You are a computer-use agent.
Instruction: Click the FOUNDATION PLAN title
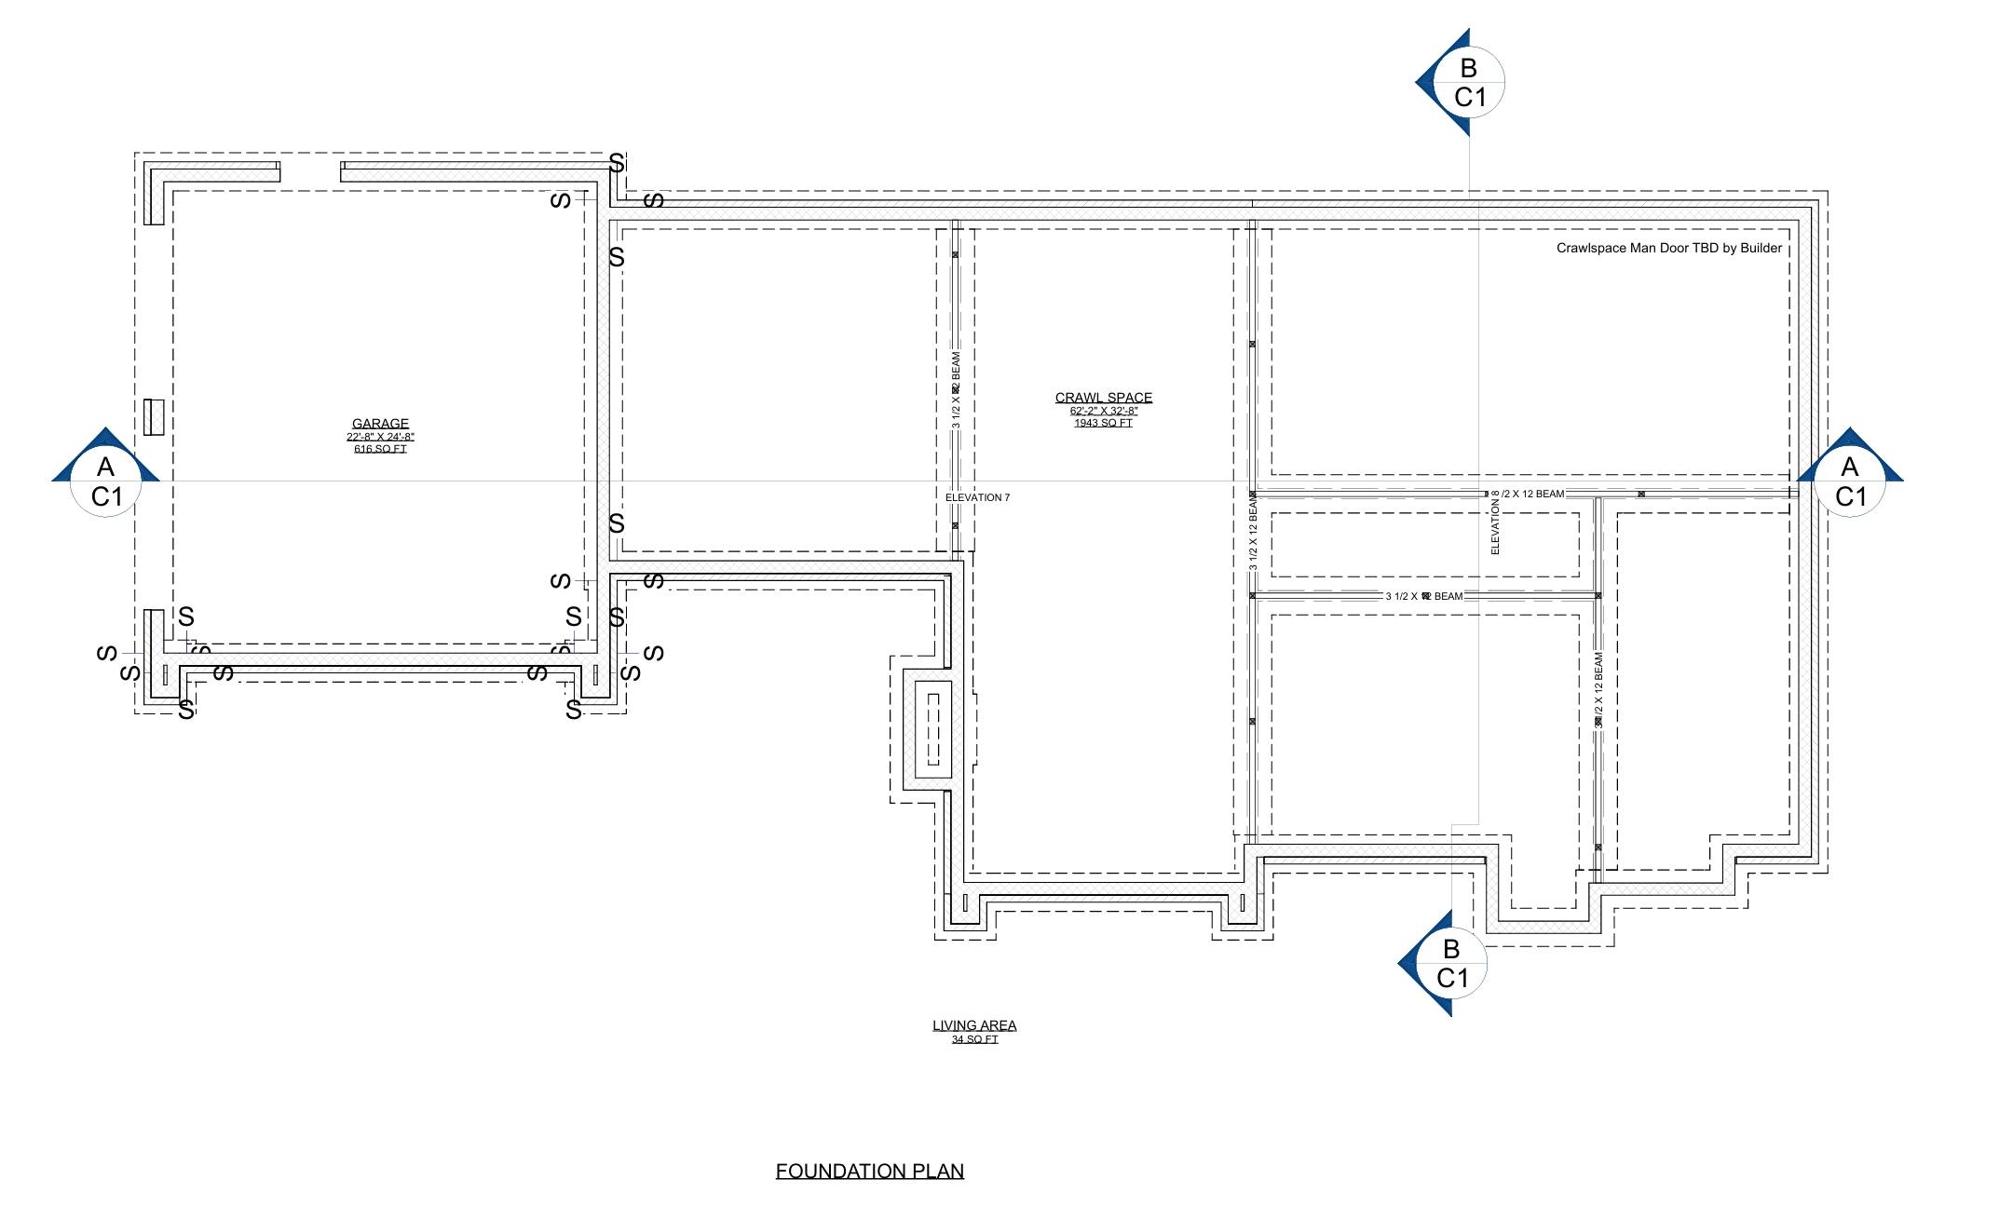869,1171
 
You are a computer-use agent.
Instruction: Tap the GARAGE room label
380,424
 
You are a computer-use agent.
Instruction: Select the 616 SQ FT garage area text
380,449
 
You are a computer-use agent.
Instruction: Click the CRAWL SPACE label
1103,398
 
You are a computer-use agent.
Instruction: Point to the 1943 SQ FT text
1103,423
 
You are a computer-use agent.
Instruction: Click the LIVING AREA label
974,1025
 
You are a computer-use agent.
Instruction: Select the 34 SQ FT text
974,1039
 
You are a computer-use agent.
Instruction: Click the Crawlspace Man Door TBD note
1668,248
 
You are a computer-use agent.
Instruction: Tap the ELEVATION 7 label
977,497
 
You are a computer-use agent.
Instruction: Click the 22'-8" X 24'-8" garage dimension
380,437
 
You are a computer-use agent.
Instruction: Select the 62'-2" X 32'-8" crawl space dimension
1103,411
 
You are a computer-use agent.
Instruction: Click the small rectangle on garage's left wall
155,416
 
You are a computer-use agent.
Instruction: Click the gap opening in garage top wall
310,171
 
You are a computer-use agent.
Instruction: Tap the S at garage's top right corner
617,163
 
